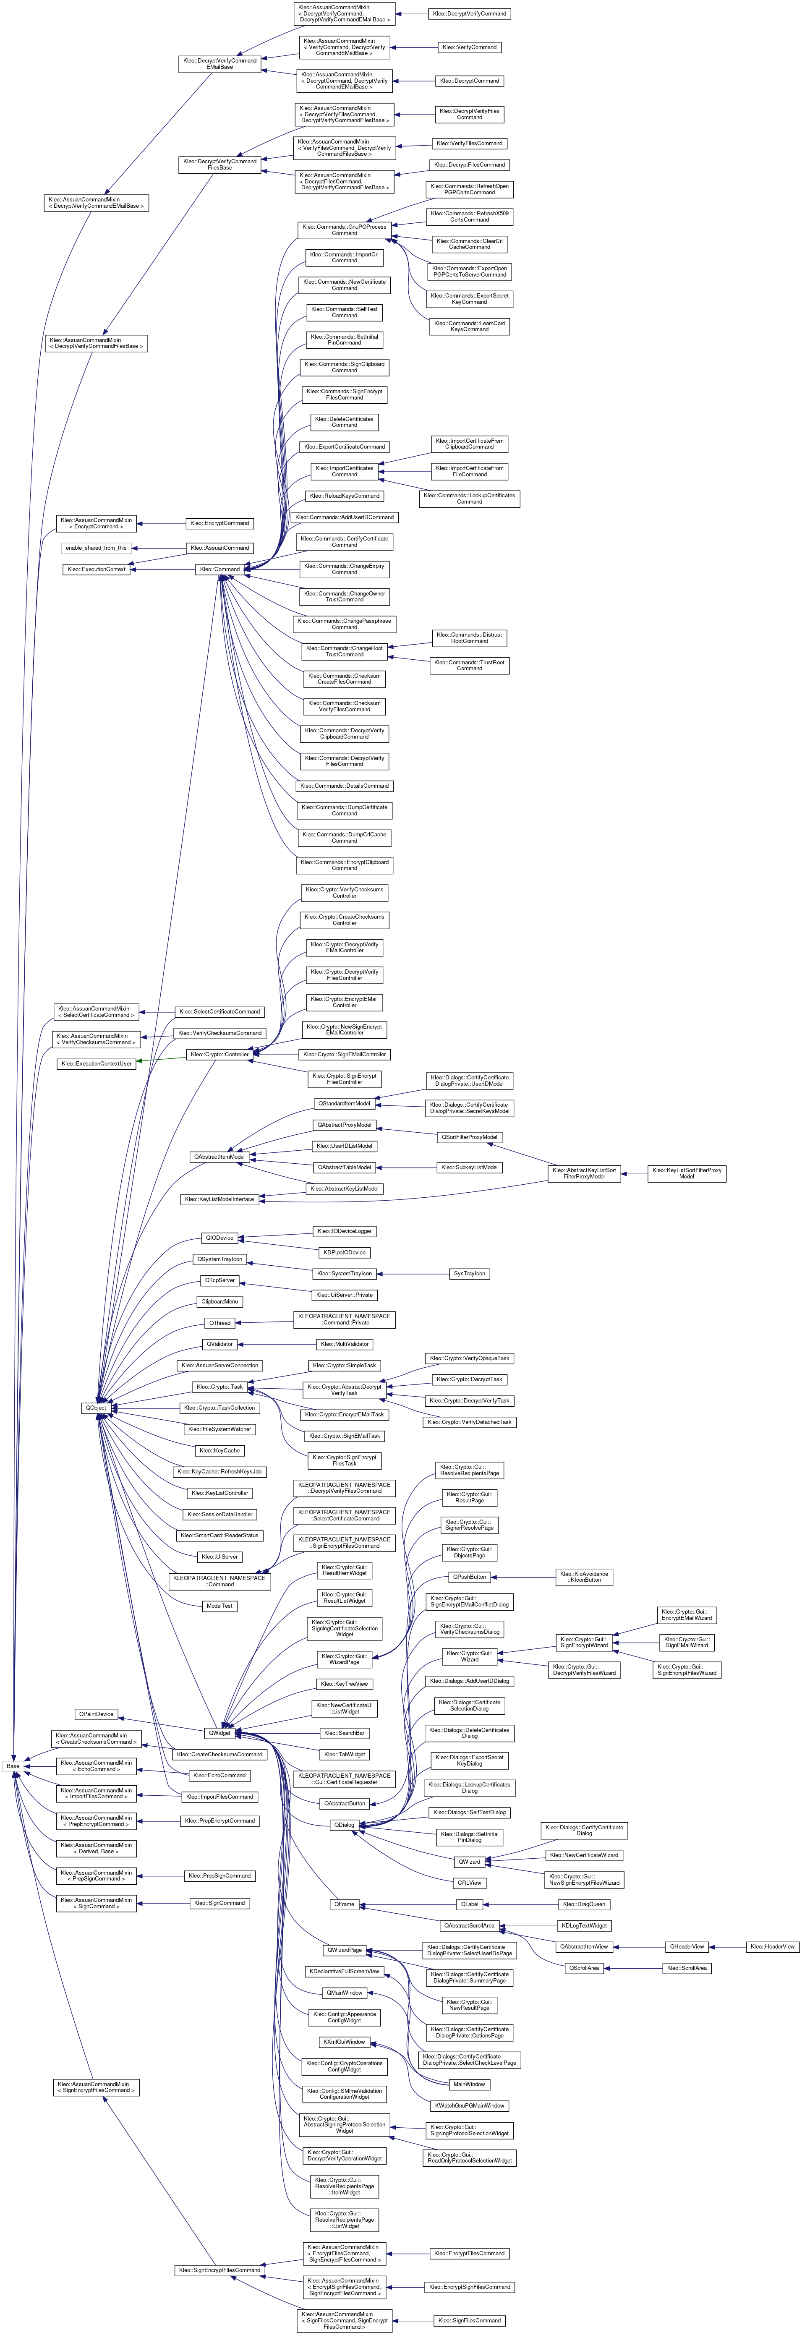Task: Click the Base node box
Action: [x=13, y=1766]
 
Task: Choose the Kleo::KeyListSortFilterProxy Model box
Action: [x=686, y=1173]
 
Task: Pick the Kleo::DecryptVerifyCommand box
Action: [x=470, y=13]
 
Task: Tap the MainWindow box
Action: [x=470, y=2084]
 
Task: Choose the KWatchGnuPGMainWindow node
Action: [x=470, y=2105]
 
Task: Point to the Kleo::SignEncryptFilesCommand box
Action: [x=219, y=2270]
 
